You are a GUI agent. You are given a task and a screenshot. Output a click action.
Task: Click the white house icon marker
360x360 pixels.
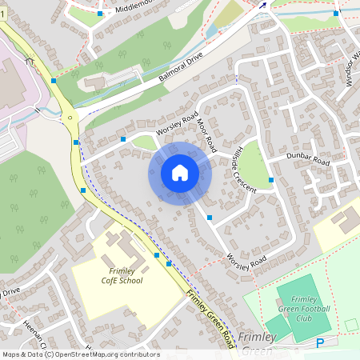180,172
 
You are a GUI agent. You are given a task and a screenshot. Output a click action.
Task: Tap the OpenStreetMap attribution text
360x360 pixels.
80,354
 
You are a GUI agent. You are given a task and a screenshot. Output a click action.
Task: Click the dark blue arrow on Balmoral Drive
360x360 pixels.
262,7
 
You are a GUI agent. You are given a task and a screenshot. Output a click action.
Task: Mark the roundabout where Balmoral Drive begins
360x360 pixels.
70,118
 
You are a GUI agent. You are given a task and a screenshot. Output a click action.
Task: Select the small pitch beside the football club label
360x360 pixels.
276,326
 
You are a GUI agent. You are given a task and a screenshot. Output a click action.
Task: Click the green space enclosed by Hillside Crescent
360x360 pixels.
256,166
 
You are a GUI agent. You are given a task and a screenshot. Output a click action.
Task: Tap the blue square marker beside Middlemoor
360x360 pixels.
100,14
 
